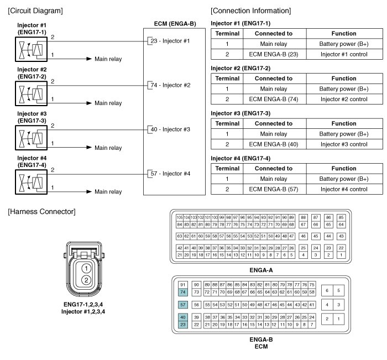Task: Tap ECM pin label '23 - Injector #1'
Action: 170,41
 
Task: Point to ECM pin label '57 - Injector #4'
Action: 170,174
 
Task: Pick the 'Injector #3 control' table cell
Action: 344,144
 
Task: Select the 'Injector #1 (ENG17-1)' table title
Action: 241,23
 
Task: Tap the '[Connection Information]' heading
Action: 251,11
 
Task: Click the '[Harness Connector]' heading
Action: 41,212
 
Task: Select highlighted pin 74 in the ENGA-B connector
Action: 183,291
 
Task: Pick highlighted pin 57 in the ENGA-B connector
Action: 183,305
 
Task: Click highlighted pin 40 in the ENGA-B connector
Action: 183,317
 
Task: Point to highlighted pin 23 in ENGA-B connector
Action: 183,325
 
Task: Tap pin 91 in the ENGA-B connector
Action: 183,284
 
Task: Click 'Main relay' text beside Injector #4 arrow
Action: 108,192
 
